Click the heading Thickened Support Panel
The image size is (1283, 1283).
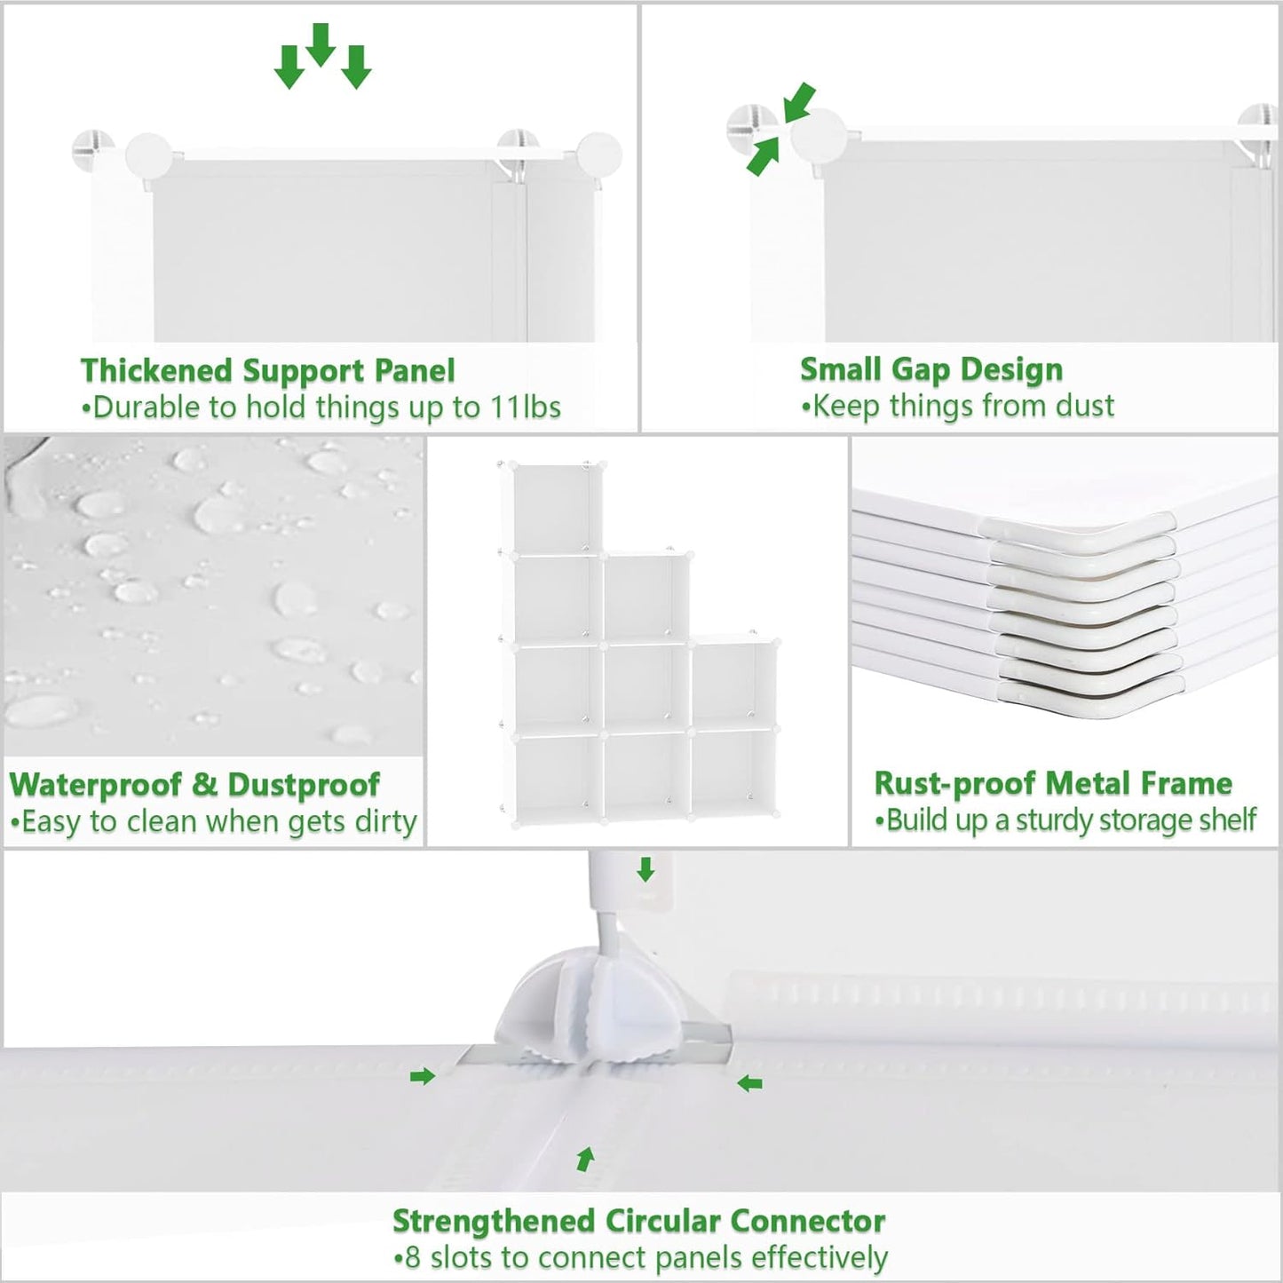tap(267, 370)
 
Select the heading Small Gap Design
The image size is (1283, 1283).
tap(931, 369)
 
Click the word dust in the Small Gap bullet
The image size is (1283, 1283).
tap(1084, 406)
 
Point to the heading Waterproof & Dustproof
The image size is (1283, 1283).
tap(194, 785)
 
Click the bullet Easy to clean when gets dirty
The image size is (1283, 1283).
tap(213, 822)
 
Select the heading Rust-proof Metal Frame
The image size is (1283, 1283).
tap(1053, 783)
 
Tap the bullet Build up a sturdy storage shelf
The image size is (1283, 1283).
tap(1065, 820)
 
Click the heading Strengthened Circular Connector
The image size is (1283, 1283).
tap(638, 1221)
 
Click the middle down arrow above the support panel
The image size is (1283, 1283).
tap(321, 44)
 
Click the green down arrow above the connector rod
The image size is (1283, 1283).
tap(645, 869)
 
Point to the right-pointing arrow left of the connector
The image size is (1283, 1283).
tap(422, 1077)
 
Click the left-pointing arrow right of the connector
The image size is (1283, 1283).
tap(750, 1082)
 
